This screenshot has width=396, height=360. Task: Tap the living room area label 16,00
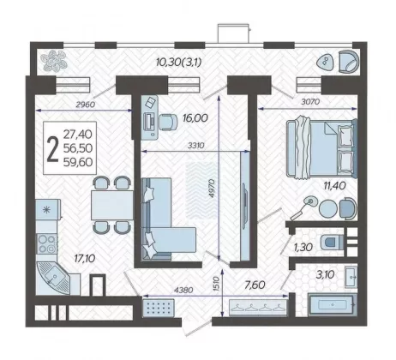pos(195,117)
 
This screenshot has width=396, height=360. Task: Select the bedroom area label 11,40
pos(334,186)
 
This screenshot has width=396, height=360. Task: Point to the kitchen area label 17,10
pos(85,259)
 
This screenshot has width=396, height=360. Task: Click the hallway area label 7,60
pos(255,285)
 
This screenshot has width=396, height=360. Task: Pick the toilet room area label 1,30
pos(303,247)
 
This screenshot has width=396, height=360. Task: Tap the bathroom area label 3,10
pos(325,275)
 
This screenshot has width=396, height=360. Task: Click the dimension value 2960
pos(85,105)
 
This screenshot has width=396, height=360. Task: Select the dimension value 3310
pos(196,146)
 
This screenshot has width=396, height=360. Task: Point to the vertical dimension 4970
pos(212,189)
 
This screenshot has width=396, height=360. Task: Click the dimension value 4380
pos(183,291)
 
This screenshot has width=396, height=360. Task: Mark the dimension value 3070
pos(310,102)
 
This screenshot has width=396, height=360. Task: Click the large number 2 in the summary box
pos(52,149)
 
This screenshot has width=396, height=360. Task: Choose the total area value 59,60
pos(78,162)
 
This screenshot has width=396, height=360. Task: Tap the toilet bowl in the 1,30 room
pos(332,243)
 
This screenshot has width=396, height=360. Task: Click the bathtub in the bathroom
pos(333,305)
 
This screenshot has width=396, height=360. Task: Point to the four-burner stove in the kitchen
pos(47,243)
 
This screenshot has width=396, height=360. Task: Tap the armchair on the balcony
pos(348,62)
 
